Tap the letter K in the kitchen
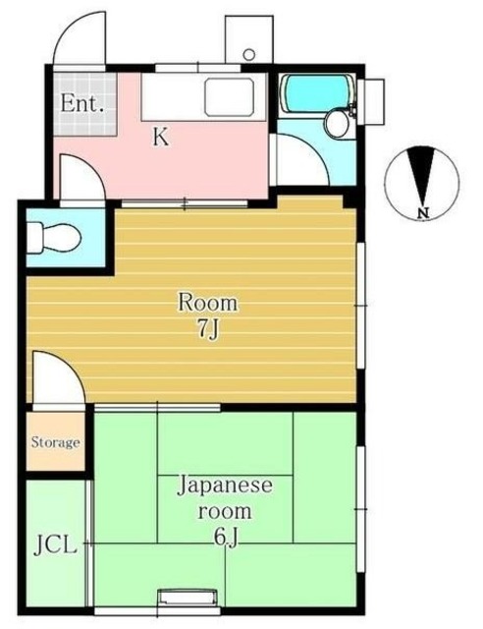[x=159, y=138]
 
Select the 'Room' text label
[x=207, y=302]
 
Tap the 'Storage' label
[x=54, y=442]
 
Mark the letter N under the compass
[x=421, y=213]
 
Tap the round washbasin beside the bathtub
[x=337, y=123]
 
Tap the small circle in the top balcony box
[x=248, y=53]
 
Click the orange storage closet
[x=54, y=442]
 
